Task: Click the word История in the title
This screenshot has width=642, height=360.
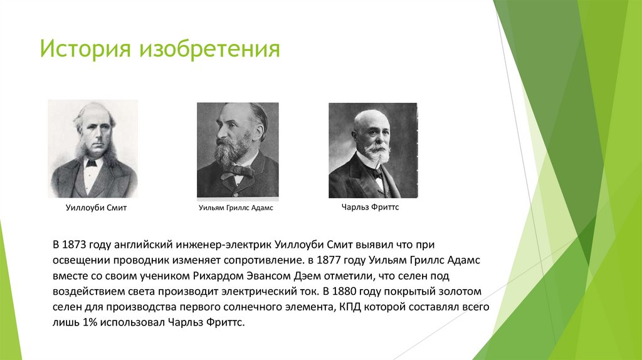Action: [84, 48]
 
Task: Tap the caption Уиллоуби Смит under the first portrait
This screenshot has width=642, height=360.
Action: [96, 208]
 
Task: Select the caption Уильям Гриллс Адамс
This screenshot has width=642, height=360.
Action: [236, 208]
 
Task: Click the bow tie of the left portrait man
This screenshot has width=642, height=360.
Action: [92, 163]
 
